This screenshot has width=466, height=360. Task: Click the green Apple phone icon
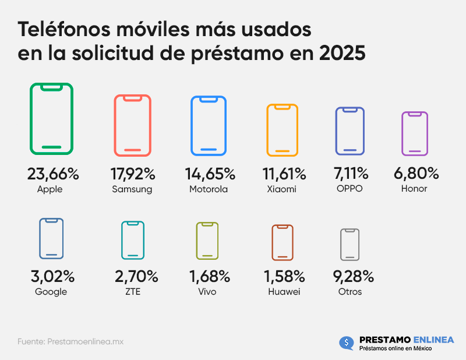(52, 119)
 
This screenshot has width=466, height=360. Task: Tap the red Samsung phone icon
(133, 125)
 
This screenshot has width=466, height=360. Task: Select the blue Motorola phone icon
(209, 126)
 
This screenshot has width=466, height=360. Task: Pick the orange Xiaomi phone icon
(282, 130)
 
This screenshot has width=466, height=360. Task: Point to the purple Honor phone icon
(415, 133)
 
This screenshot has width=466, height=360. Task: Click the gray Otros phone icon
(349, 245)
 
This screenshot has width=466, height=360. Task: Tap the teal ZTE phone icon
(133, 240)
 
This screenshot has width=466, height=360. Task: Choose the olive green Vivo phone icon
(207, 241)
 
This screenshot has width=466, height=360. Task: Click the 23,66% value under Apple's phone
(52, 174)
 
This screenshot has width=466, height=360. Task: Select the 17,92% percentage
(133, 174)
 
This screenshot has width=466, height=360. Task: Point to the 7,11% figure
(350, 174)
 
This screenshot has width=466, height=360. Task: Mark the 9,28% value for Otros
(350, 276)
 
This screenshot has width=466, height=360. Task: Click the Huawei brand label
(283, 292)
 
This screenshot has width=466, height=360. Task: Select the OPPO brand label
(350, 189)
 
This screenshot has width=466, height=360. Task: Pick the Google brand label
(51, 292)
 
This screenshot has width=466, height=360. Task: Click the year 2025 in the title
(342, 53)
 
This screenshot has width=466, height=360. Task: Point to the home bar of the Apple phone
(52, 147)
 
